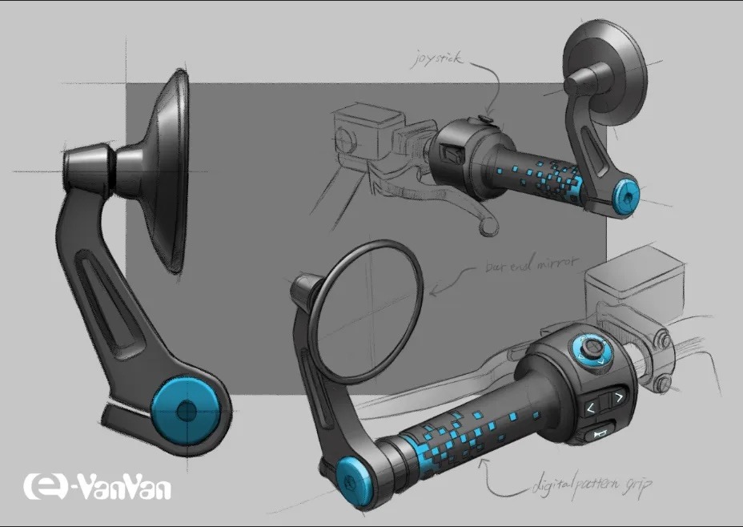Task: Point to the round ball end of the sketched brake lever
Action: (x=485, y=228)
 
